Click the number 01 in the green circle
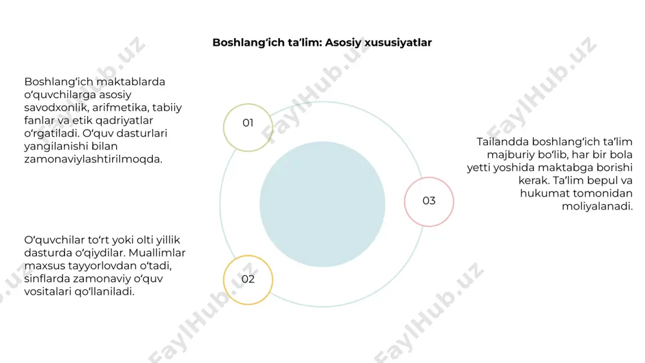[248, 123]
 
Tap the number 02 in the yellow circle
[248, 279]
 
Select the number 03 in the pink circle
[429, 201]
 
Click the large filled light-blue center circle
[322, 204]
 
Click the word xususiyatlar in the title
[398, 43]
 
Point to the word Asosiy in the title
[344, 43]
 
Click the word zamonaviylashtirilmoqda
[93, 159]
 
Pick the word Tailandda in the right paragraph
[502, 142]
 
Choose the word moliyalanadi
[597, 206]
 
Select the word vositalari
[48, 291]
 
